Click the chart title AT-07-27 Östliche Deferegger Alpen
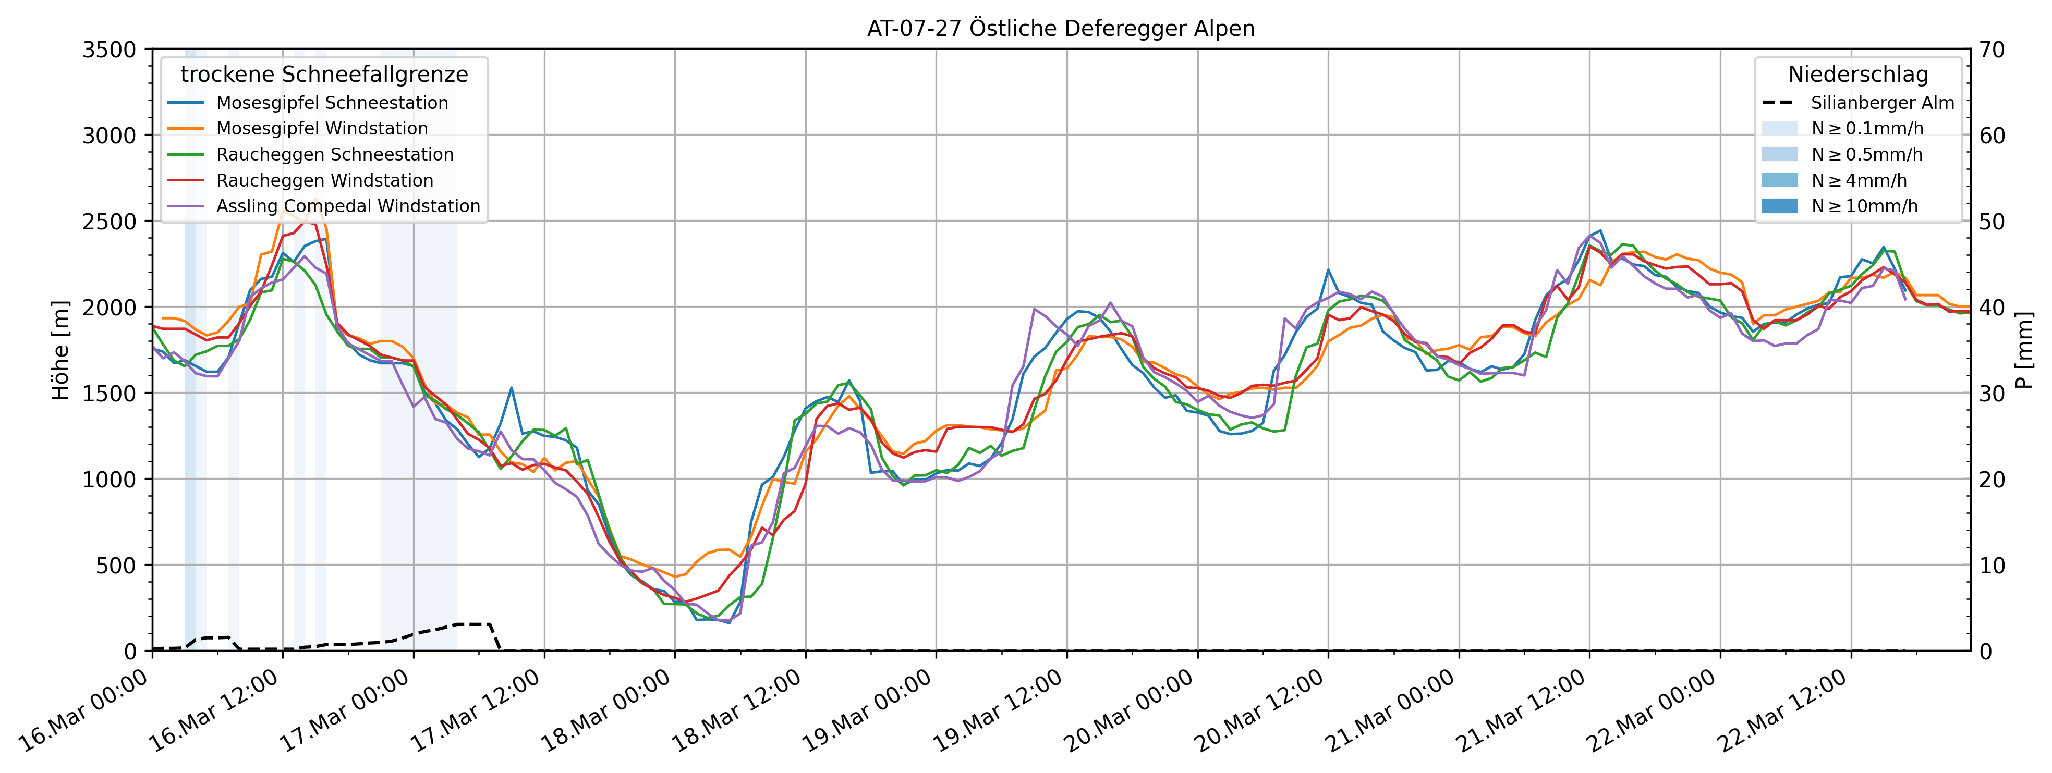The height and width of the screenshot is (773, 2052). [1060, 29]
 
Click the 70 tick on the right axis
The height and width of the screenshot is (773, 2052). [1994, 50]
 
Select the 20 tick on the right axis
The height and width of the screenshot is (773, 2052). [1994, 479]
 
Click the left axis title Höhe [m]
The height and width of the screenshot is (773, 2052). [60, 350]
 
